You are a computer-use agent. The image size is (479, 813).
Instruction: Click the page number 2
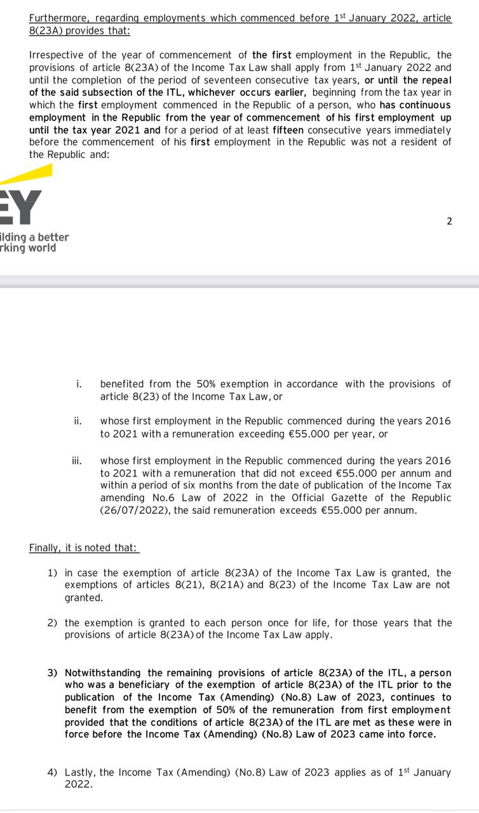click(449, 221)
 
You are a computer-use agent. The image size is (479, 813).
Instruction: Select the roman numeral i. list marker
click(79, 384)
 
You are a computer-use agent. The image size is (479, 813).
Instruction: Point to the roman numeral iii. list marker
click(77, 460)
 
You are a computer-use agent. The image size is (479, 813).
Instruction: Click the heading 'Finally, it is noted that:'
click(83, 548)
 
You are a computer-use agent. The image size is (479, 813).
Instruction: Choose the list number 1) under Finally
click(53, 573)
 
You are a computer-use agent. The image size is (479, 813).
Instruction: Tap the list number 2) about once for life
click(53, 622)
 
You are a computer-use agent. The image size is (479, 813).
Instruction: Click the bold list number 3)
click(53, 673)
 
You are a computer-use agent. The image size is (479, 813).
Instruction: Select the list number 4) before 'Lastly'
click(53, 772)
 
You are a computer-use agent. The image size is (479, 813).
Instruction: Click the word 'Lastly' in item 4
click(79, 772)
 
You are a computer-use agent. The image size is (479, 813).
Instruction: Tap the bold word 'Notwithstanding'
click(104, 673)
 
